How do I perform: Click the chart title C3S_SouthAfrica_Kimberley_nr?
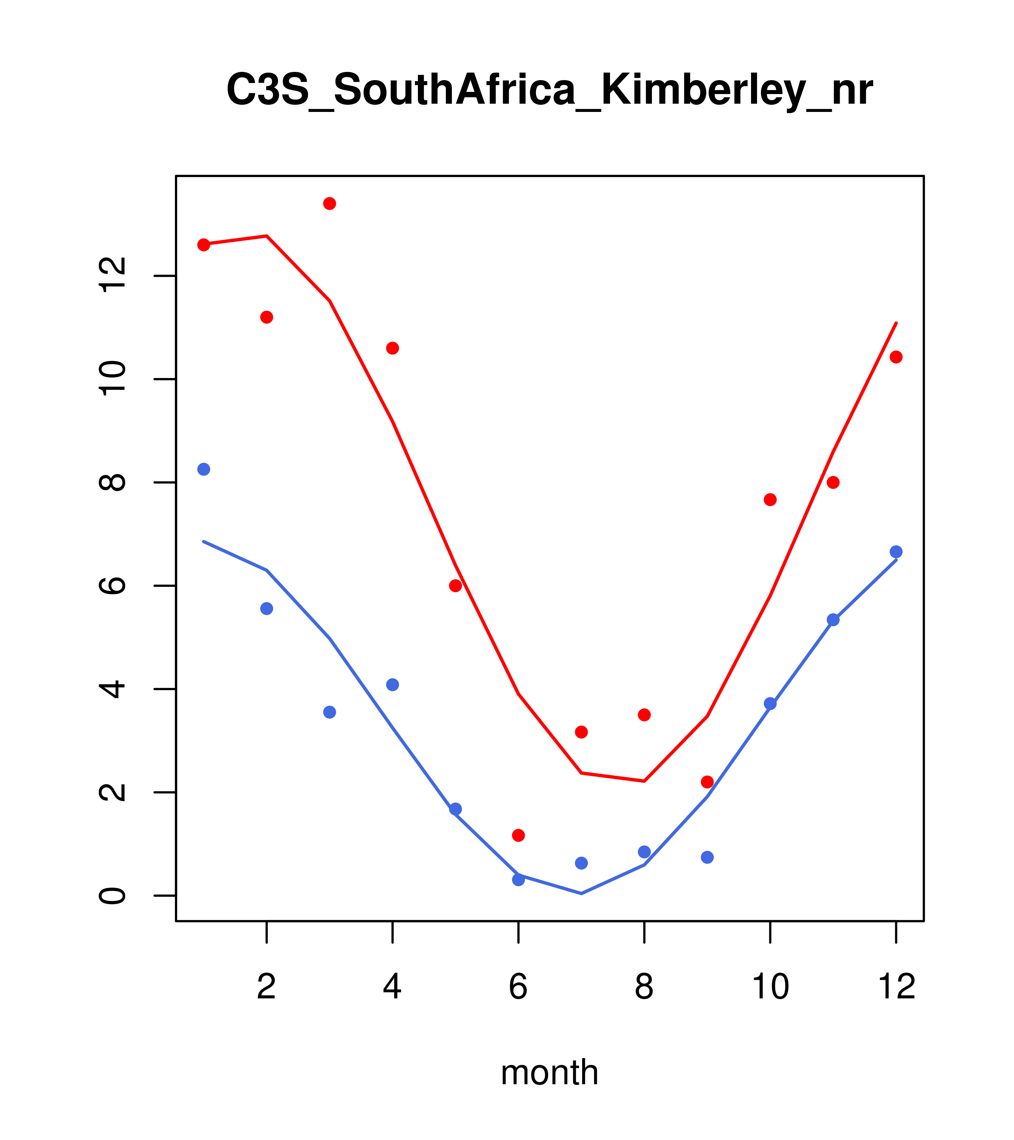549,90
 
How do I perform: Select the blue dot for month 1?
204,469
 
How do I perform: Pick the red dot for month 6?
518,835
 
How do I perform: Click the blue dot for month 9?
707,857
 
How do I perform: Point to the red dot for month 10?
770,500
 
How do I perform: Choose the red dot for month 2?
267,317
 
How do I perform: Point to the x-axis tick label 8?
644,987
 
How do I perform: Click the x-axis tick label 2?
267,987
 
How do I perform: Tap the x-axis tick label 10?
770,987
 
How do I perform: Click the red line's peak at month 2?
267,236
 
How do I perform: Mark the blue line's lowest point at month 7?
581,894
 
